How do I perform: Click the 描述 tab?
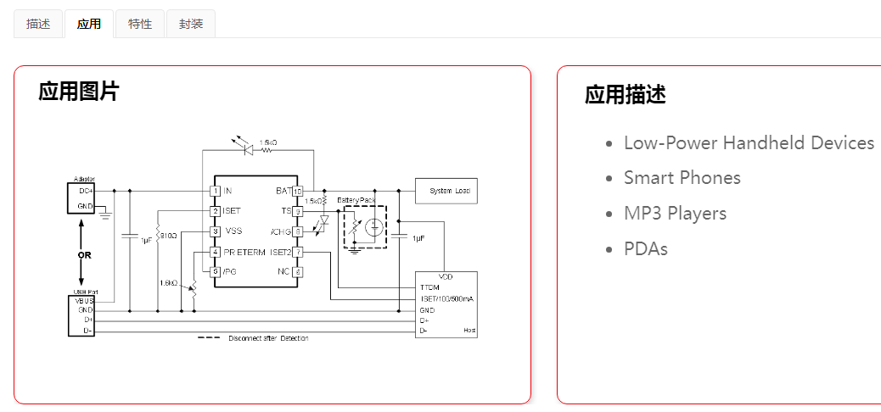38,24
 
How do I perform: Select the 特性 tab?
140,24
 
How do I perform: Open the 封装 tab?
191,24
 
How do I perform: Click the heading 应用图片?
79,92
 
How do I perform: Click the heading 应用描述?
625,94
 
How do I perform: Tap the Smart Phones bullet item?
682,178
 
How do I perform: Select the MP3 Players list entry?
675,214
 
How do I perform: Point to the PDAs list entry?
645,249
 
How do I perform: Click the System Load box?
446,191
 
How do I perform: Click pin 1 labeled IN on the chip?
216,191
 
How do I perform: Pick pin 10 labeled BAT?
297,191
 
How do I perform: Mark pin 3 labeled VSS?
216,231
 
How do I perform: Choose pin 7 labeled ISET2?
297,252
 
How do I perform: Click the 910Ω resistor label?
168,235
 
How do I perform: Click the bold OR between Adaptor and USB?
83,254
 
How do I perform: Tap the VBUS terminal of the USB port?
83,301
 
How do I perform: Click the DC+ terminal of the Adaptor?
86,192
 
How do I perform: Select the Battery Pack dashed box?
364,226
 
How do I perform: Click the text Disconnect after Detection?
268,338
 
